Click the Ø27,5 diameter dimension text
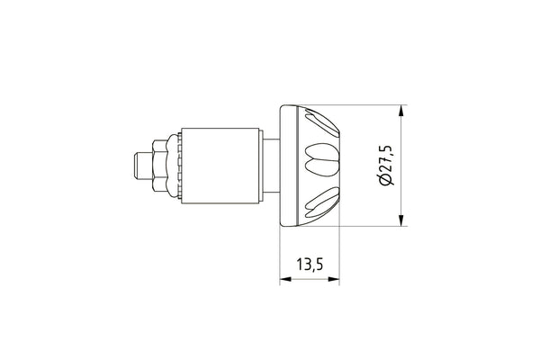386,166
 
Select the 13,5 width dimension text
310,265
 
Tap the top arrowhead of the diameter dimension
400,111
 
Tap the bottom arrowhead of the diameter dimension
400,220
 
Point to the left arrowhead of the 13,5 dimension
285,279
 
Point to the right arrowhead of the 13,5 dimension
334,279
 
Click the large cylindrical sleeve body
220,166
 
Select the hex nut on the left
158,166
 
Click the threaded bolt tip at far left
142,166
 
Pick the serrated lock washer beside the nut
173,166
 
